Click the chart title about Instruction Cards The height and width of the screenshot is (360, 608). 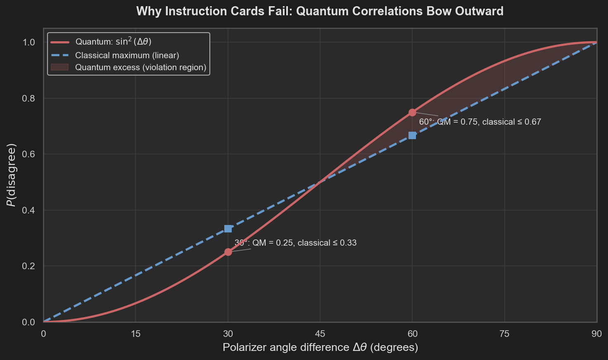[320, 11]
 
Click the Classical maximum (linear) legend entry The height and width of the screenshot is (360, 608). [127, 55]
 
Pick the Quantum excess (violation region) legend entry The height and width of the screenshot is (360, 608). [140, 67]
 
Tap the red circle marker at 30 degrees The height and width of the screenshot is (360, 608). [228, 252]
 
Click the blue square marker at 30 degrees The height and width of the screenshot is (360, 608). [228, 229]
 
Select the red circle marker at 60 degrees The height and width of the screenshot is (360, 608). [412, 112]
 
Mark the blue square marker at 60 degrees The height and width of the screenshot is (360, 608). [412, 135]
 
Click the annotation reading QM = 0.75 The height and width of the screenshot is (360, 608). [480, 122]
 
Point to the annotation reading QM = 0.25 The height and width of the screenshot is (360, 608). [295, 243]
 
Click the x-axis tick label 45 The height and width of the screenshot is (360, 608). [320, 334]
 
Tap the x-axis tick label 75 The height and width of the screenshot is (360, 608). [504, 334]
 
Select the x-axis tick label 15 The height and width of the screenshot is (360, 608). [135, 334]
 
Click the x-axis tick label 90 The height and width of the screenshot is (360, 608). [596, 334]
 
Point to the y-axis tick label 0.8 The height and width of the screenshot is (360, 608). [29, 98]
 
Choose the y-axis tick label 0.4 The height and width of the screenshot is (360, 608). [29, 210]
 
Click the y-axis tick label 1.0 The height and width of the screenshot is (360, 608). [29, 43]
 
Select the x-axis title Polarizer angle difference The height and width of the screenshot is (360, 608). [320, 347]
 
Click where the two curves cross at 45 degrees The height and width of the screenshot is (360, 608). [320, 182]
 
